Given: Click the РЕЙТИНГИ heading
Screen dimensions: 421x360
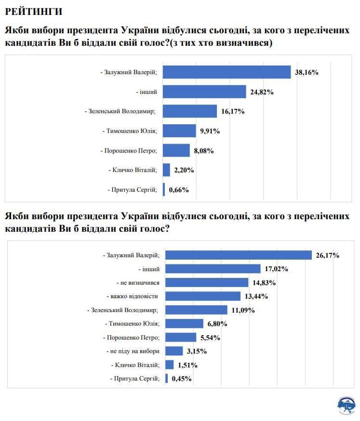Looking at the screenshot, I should (33, 11).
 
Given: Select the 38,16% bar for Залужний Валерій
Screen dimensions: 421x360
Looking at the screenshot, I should (227, 72).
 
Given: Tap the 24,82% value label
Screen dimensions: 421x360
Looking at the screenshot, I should (262, 92).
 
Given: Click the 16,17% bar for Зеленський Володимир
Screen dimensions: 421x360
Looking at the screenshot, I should (190, 111).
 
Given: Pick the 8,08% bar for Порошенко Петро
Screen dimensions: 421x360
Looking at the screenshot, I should (176, 150).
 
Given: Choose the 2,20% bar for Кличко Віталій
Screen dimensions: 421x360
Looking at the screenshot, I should (166, 170).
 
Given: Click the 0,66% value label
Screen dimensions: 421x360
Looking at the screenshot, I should (179, 190).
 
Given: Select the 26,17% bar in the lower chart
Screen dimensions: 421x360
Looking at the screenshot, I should (239, 255).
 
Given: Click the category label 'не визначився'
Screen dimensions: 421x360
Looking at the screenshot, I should (138, 282).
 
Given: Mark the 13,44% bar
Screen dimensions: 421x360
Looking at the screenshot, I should (203, 296).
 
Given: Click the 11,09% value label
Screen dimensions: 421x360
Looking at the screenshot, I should (243, 310).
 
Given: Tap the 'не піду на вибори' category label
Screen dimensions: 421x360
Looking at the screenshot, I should (133, 351).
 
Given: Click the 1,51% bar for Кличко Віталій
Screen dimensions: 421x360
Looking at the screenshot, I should (170, 365).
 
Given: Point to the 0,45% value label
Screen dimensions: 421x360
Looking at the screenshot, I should (182, 379).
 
